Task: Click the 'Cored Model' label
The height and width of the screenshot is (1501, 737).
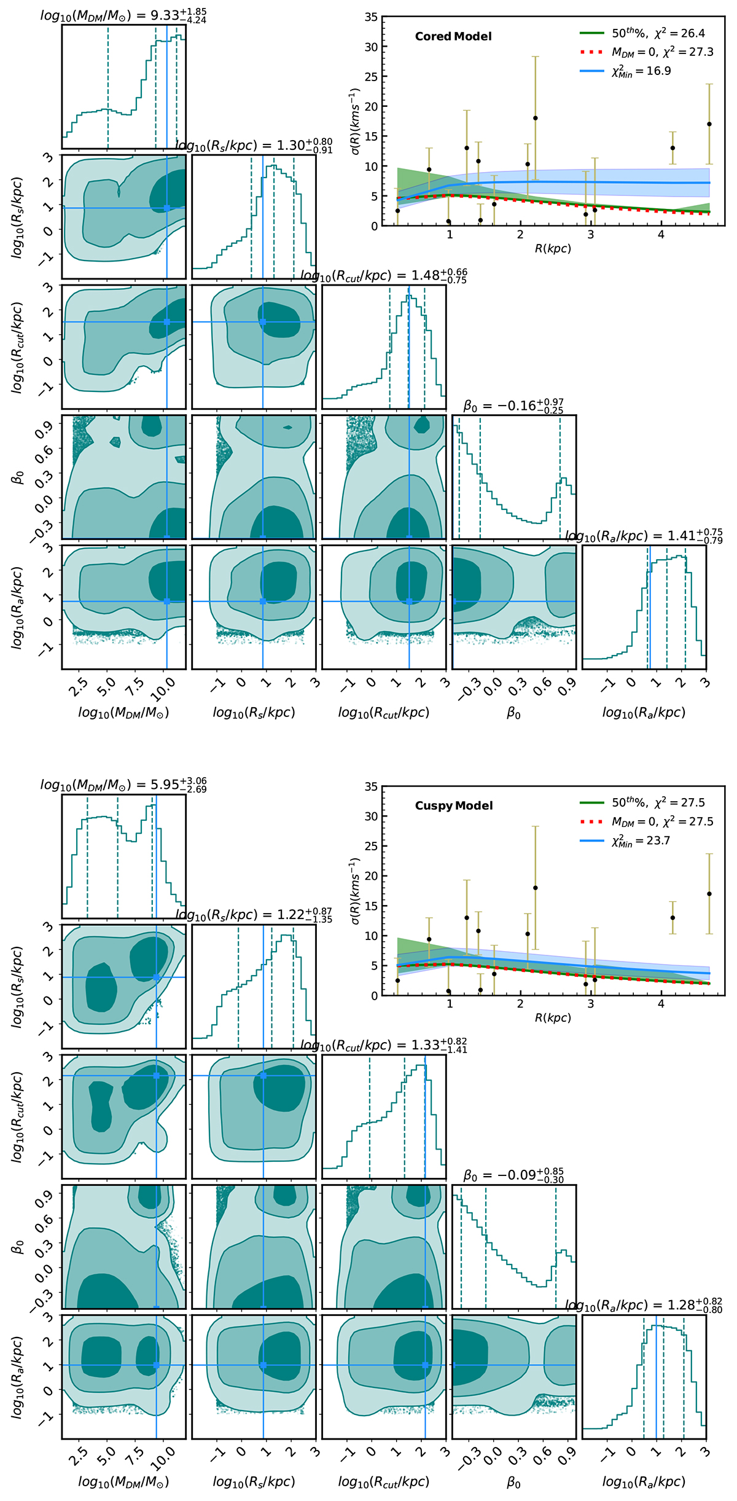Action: [453, 37]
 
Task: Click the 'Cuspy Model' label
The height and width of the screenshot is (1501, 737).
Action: [454, 805]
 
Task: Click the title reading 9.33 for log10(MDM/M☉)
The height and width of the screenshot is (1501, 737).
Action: [123, 16]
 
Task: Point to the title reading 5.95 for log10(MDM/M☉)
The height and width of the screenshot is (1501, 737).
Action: [123, 785]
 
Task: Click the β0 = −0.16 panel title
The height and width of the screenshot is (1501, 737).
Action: [513, 406]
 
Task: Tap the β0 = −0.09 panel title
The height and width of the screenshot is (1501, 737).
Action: [513, 1175]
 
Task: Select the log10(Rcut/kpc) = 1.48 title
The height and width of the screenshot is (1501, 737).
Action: [384, 276]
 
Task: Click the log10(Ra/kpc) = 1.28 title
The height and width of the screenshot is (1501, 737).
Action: [644, 1306]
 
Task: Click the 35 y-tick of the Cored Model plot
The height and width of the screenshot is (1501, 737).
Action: [371, 17]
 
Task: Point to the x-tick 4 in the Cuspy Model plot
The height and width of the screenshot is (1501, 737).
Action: [661, 1004]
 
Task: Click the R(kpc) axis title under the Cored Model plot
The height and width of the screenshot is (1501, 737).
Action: [553, 249]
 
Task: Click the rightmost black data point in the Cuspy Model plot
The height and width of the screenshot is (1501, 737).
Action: [709, 894]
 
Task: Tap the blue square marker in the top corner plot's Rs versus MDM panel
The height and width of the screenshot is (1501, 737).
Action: [167, 208]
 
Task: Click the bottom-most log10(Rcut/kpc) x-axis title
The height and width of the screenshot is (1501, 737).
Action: [384, 1482]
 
